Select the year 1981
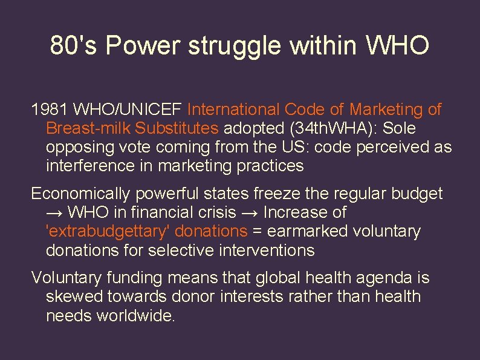pyautogui.click(x=50, y=110)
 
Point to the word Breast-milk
pyautogui.click(x=88, y=128)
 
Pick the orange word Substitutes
pyautogui.click(x=177, y=128)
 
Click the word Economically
pyautogui.click(x=81, y=194)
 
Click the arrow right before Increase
pyautogui.click(x=250, y=212)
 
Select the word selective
pyautogui.click(x=180, y=250)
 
